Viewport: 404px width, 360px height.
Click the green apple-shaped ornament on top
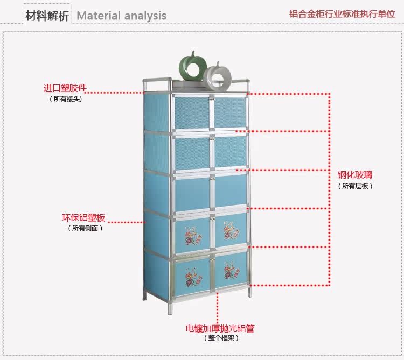tap(192, 67)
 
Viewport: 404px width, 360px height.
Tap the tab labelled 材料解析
tap(47, 15)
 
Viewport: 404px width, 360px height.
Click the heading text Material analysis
tap(121, 16)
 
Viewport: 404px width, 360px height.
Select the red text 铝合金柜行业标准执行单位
tap(342, 14)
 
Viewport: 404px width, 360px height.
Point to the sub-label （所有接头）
tap(66, 99)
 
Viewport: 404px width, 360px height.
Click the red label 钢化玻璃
tap(355, 175)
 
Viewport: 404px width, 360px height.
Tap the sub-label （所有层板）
tap(355, 186)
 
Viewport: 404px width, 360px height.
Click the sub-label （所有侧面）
tap(85, 228)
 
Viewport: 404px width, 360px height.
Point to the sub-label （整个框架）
tap(221, 338)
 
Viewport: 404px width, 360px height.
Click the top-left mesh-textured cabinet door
tap(191, 112)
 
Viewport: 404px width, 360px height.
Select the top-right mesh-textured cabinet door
tap(231, 112)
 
